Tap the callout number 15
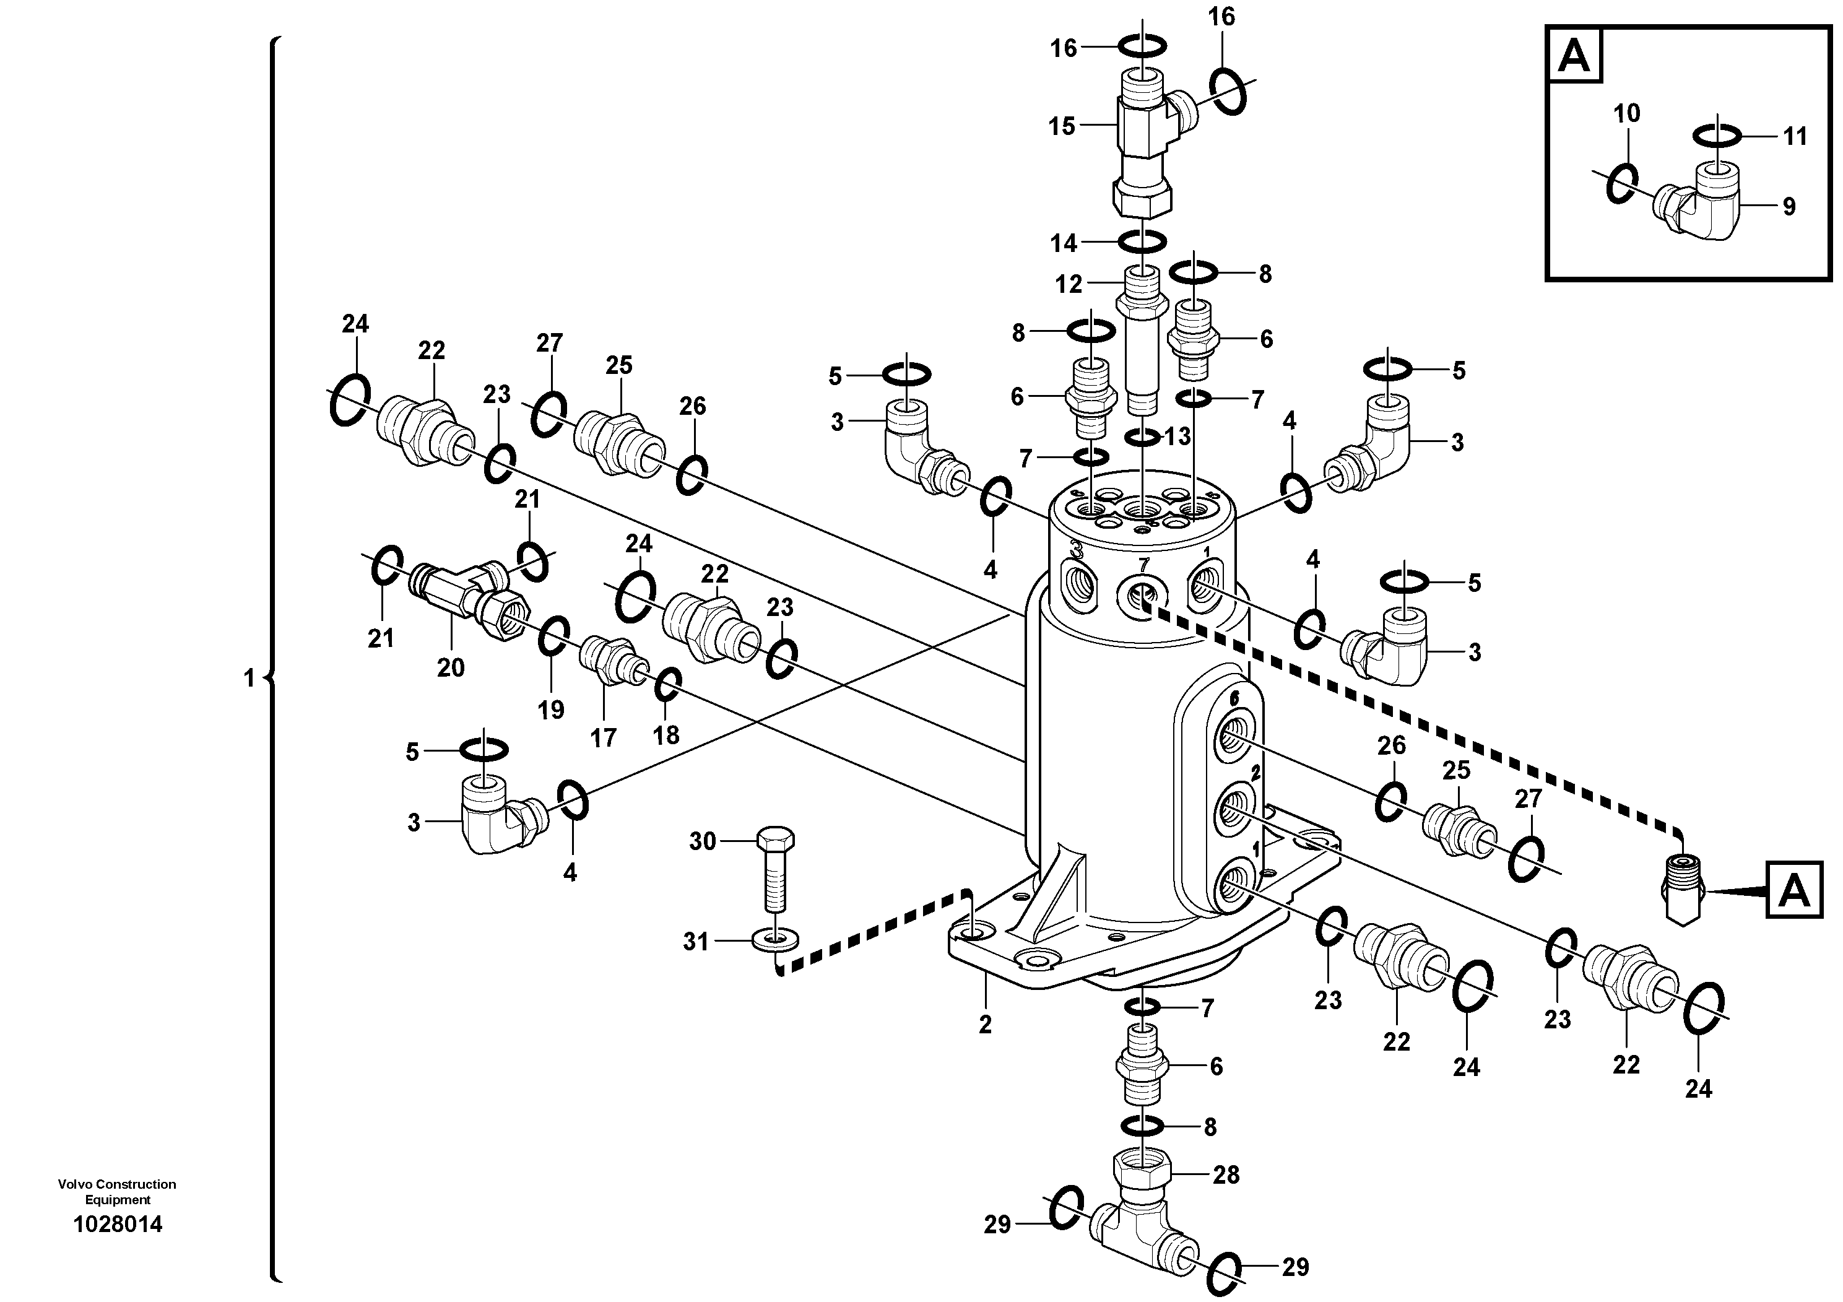pyautogui.click(x=1061, y=126)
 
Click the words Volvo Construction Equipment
pyautogui.click(x=117, y=1191)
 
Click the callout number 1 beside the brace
pyautogui.click(x=249, y=679)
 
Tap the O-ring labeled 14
pyautogui.click(x=1142, y=241)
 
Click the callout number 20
pyautogui.click(x=450, y=666)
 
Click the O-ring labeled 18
pyautogui.click(x=668, y=684)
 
